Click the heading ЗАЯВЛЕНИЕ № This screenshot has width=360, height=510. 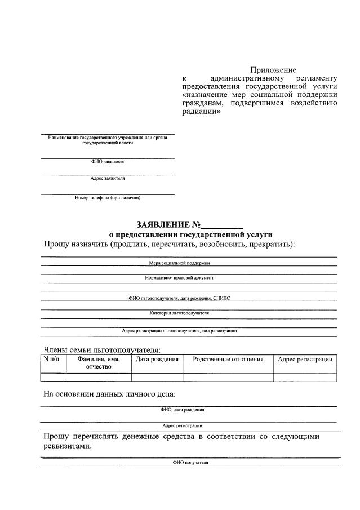(168, 225)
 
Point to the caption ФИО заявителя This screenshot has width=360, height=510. (107, 162)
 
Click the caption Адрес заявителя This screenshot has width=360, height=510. (108, 179)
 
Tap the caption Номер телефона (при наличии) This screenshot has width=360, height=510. (107, 198)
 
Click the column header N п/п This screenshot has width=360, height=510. (53, 360)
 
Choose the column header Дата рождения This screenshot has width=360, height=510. (157, 360)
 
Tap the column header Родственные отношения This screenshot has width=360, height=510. (228, 360)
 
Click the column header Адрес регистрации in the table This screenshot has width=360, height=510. (305, 360)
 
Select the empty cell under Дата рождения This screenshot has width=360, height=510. (157, 378)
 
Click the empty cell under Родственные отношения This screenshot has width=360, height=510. (228, 378)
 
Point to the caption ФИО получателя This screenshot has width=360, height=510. (190, 463)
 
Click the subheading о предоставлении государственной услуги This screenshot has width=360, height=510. (190, 234)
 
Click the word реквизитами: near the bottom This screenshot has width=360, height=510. (68, 446)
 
